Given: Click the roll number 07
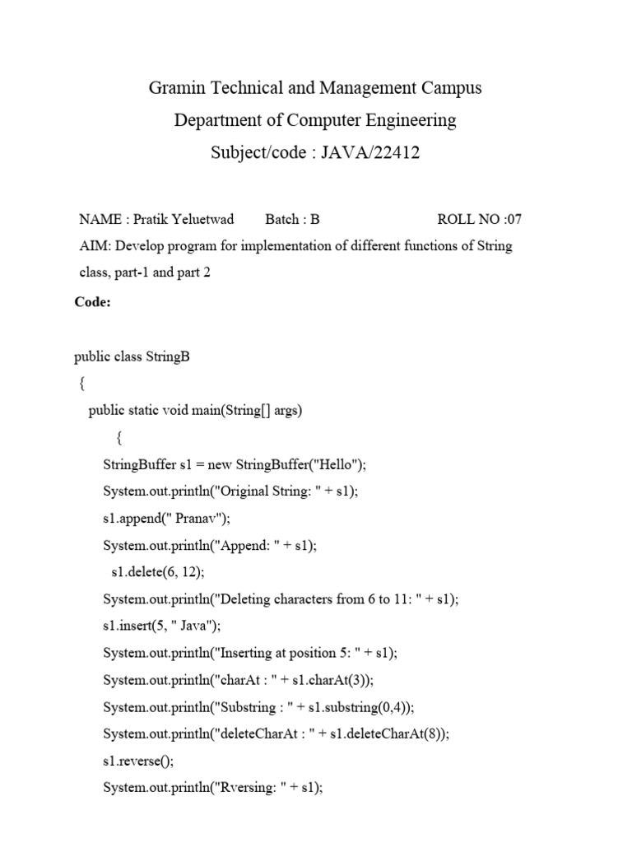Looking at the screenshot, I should [x=513, y=219].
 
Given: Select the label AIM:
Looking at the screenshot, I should [x=93, y=247].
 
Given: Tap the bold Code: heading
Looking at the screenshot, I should [x=93, y=301].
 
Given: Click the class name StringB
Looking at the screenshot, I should [x=168, y=357].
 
